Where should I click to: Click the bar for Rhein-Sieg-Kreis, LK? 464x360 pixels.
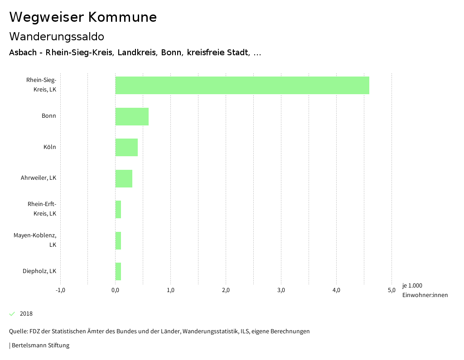242,85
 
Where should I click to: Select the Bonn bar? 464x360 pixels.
132,116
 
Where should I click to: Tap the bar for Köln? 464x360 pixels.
126,147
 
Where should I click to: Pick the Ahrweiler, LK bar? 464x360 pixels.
124,178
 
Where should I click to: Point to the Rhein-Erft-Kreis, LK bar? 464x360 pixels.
118,209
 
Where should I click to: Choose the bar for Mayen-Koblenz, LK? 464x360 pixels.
118,240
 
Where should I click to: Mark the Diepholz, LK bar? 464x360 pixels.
118,271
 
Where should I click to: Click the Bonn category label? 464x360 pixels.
49,116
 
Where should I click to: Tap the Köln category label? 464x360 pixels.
50,147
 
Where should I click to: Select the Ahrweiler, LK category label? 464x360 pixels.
39,178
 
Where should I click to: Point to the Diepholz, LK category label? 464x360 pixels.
39,271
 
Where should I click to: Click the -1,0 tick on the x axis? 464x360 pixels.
60,290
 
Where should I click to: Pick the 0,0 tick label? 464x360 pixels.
116,290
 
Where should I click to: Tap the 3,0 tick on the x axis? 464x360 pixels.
281,290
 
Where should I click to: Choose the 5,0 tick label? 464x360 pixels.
391,290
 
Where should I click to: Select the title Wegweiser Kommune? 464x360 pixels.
83,17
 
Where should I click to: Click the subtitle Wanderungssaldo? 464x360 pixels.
57,36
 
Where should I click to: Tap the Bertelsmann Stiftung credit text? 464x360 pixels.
40,346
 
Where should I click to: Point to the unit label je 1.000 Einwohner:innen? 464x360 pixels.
425,290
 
